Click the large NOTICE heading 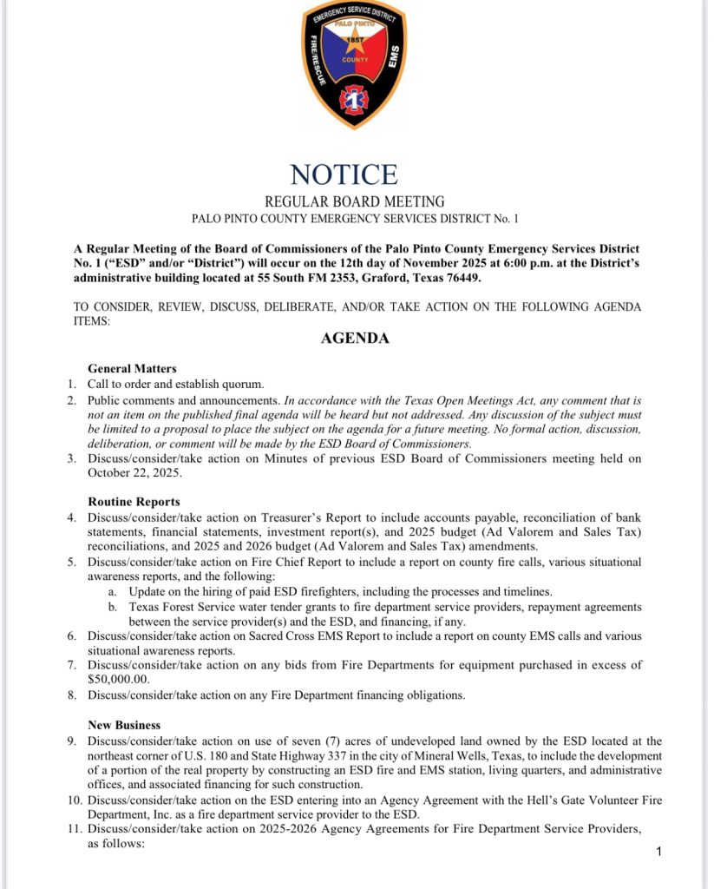coord(344,175)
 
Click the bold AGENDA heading coord(355,339)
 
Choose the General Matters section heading coord(132,369)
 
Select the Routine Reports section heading coord(134,501)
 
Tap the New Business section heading coord(124,724)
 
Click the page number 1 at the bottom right coord(659,852)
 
